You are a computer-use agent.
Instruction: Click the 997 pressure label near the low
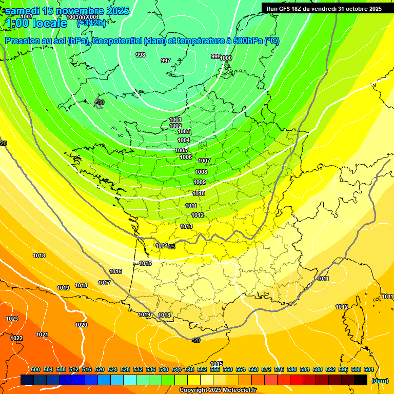click(x=166, y=61)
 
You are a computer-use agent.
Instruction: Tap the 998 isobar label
click(x=140, y=55)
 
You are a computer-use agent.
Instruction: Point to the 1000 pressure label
click(x=226, y=58)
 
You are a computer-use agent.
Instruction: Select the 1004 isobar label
click(x=184, y=140)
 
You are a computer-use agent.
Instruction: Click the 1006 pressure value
click(x=186, y=157)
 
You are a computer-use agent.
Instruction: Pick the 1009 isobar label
click(x=200, y=182)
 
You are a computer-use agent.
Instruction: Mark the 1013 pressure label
click(x=186, y=226)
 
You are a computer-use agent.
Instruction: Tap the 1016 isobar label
click(x=115, y=271)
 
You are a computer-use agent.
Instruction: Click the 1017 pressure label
click(x=104, y=283)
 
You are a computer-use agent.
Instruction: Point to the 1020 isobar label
click(x=81, y=325)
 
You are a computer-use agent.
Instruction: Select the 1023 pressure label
click(x=12, y=319)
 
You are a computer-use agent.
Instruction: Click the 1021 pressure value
click(x=42, y=334)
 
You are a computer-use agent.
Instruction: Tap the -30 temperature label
click(x=100, y=103)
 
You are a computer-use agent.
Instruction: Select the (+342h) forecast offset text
click(x=91, y=23)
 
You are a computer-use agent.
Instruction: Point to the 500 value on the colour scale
click(x=35, y=369)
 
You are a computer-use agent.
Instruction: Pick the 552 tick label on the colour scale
click(x=202, y=369)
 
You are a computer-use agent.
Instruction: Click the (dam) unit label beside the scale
click(x=380, y=381)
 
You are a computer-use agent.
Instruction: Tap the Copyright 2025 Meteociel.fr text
click(x=218, y=390)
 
